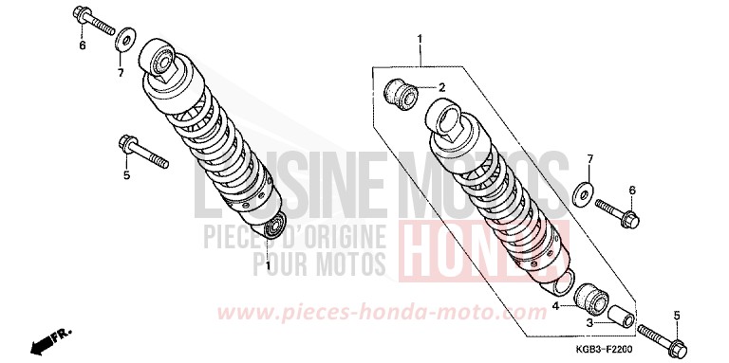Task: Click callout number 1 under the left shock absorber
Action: tap(269, 265)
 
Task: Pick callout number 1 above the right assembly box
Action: tap(418, 39)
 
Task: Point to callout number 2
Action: tap(441, 87)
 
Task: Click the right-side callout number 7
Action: tap(589, 157)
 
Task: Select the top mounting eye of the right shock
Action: tap(450, 121)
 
